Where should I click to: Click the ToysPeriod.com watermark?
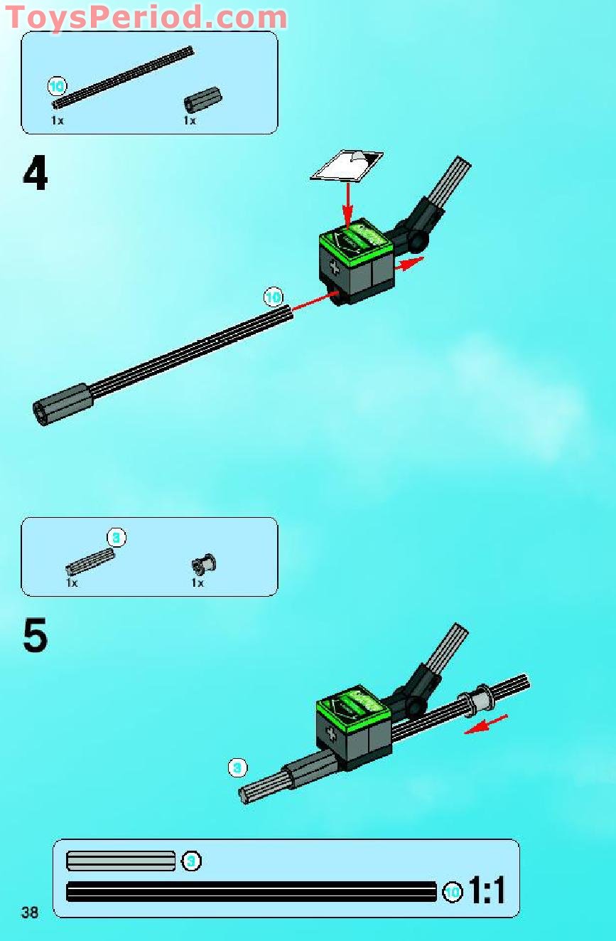(146, 17)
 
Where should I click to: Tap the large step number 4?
(36, 174)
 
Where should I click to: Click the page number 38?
(30, 913)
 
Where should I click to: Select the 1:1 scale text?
(487, 891)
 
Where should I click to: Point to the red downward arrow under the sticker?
(347, 203)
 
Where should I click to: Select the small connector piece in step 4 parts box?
(203, 100)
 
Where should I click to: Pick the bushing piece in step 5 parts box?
(203, 565)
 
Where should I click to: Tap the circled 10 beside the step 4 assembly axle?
(273, 297)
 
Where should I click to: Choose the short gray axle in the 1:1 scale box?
(120, 861)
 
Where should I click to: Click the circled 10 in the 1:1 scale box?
(453, 891)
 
